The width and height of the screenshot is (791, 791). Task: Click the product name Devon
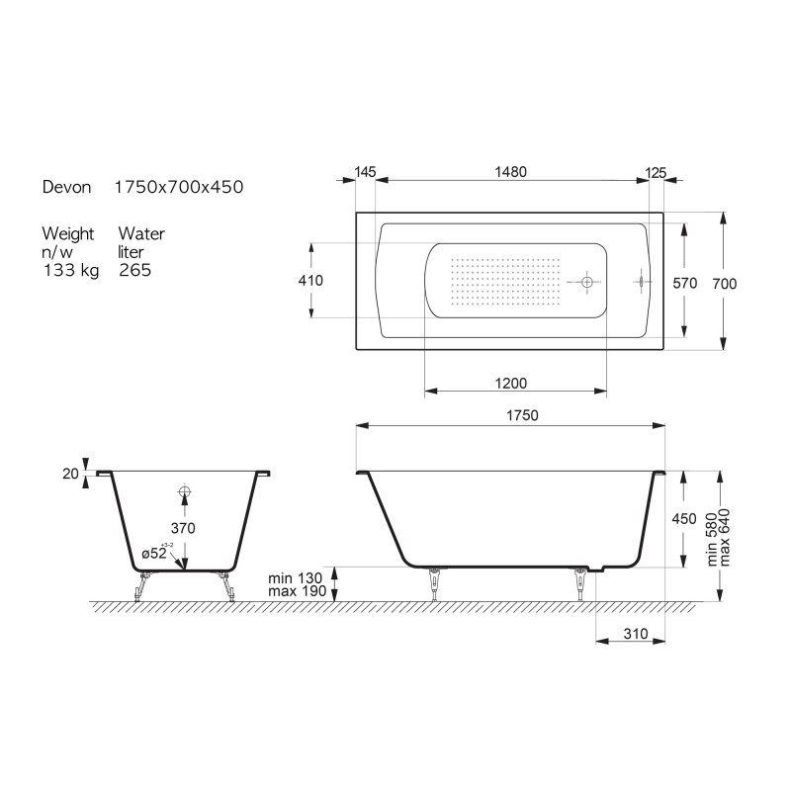pyautogui.click(x=66, y=187)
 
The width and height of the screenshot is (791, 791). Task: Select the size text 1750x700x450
pyautogui.click(x=179, y=187)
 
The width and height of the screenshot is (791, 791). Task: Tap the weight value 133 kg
pyautogui.click(x=71, y=270)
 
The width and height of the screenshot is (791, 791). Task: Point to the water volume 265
pyautogui.click(x=135, y=270)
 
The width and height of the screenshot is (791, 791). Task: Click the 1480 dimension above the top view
pyautogui.click(x=510, y=172)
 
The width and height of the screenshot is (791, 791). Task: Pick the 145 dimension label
pyautogui.click(x=365, y=172)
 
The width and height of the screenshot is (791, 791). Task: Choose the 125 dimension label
pyautogui.click(x=656, y=173)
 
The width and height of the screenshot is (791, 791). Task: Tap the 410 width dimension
pyautogui.click(x=310, y=281)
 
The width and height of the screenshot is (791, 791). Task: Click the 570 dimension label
pyautogui.click(x=684, y=284)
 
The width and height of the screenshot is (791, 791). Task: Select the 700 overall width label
pyautogui.click(x=725, y=284)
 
